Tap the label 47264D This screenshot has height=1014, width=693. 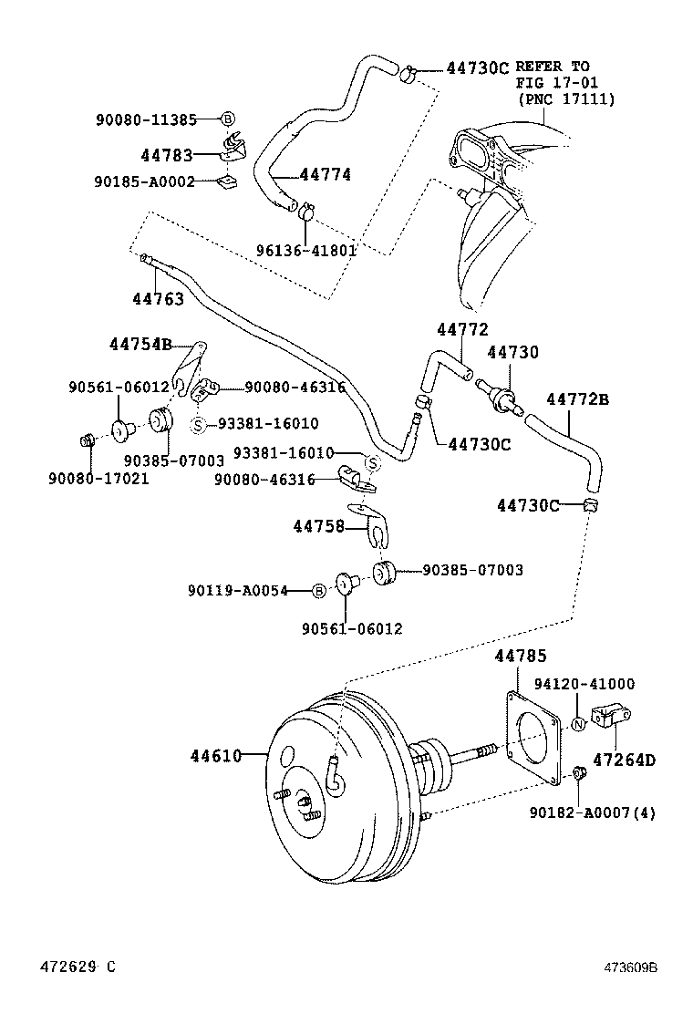624,759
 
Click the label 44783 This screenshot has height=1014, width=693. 167,156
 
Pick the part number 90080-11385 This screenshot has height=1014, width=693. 144,119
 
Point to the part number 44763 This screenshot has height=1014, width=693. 159,298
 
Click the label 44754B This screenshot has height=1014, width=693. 140,344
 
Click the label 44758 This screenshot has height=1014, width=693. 318,525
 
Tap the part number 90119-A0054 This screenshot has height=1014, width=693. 238,591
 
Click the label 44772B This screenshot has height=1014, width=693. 577,398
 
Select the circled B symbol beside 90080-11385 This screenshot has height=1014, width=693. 228,119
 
